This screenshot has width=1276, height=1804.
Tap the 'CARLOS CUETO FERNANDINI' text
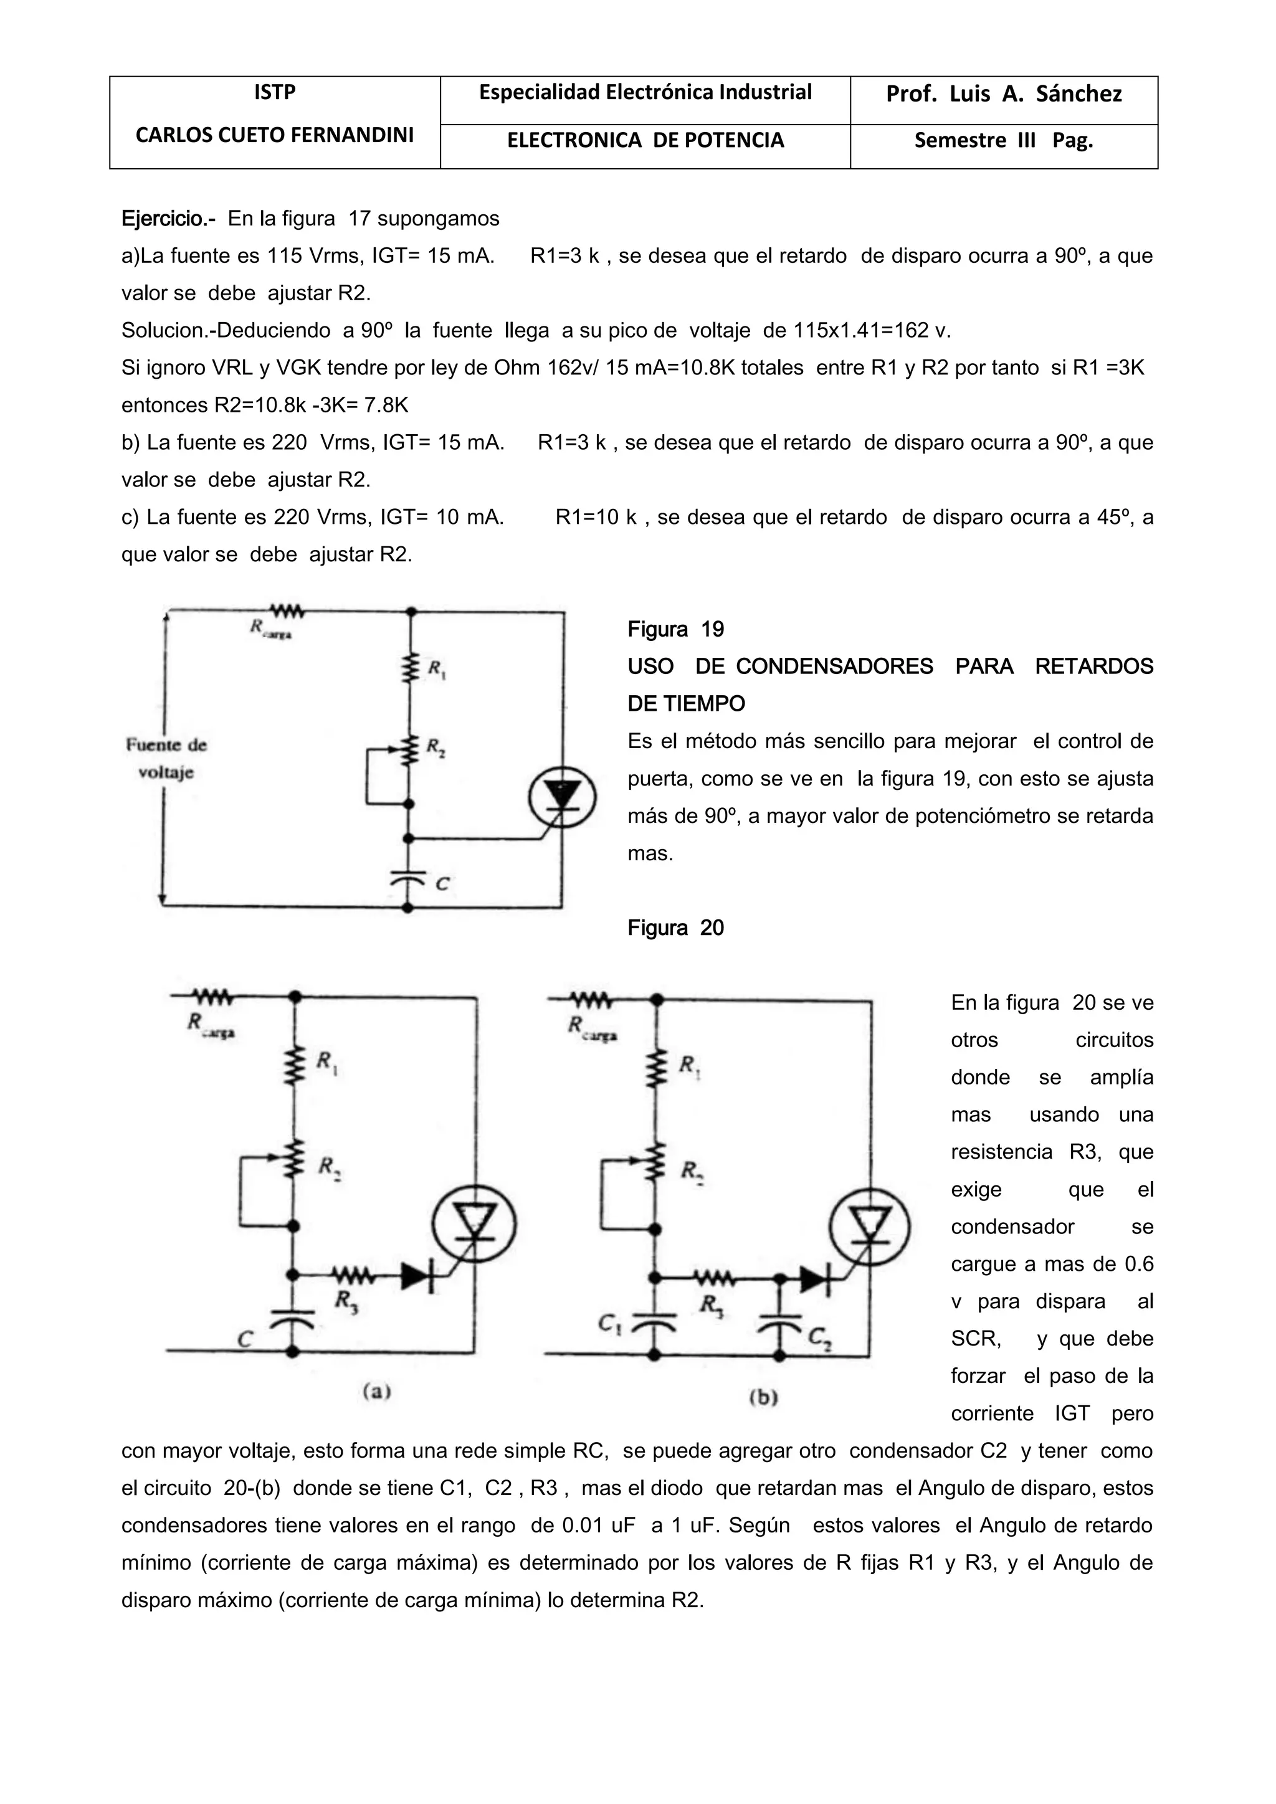274,135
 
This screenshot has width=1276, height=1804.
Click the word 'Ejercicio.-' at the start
168,219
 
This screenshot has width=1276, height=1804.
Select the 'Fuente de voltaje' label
166,758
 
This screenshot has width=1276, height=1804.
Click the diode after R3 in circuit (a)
416,1277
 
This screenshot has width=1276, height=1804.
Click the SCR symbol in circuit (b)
870,1227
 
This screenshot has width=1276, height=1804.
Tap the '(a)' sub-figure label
377,1392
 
